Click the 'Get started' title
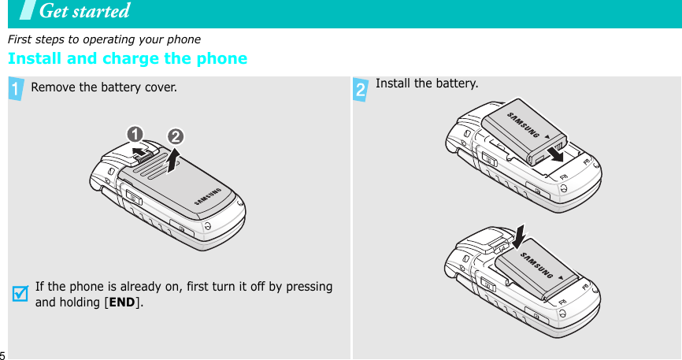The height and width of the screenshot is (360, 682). coord(84,11)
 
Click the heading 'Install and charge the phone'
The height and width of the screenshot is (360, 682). coord(127,59)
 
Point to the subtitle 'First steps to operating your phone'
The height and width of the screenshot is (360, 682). coord(104,39)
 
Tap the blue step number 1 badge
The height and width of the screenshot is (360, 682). coord(16,90)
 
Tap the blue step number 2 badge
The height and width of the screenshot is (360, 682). coord(361,90)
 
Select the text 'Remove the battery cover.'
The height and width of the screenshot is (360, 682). coord(104,87)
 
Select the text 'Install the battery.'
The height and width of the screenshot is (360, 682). coord(427,83)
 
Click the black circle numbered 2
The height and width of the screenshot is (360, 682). coord(174,135)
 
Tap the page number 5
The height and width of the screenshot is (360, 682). coord(2,354)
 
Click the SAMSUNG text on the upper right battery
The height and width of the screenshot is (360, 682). coord(524,123)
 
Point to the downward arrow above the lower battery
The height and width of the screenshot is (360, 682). coord(521,232)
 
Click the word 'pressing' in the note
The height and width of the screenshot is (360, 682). coord(309,287)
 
